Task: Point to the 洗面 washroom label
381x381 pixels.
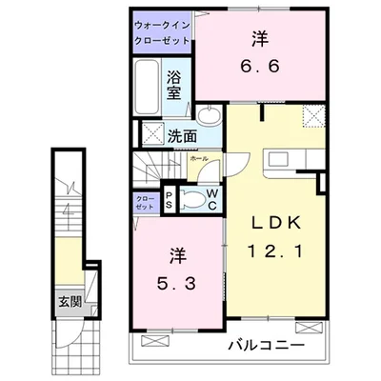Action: pyautogui.click(x=182, y=136)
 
